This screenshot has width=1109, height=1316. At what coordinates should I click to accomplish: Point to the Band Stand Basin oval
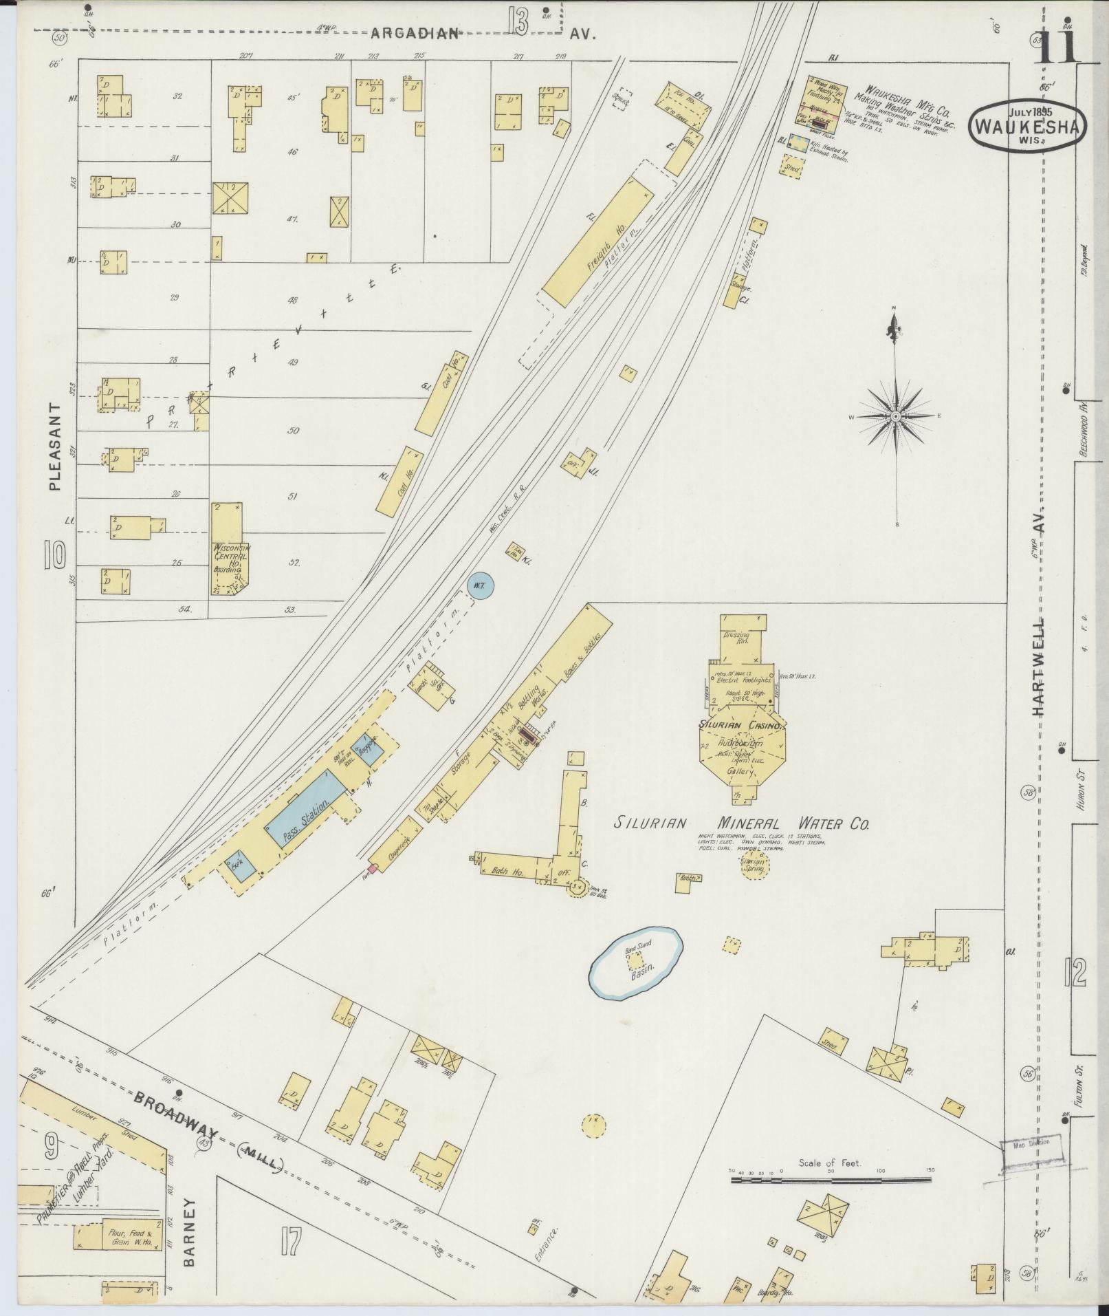click(637, 962)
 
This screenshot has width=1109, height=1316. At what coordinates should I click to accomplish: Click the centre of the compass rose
click(897, 417)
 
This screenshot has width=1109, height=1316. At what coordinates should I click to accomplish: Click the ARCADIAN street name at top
click(415, 34)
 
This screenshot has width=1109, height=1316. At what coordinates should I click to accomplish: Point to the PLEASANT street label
click(55, 446)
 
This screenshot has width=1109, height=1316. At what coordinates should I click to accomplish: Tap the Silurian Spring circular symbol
click(754, 865)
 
